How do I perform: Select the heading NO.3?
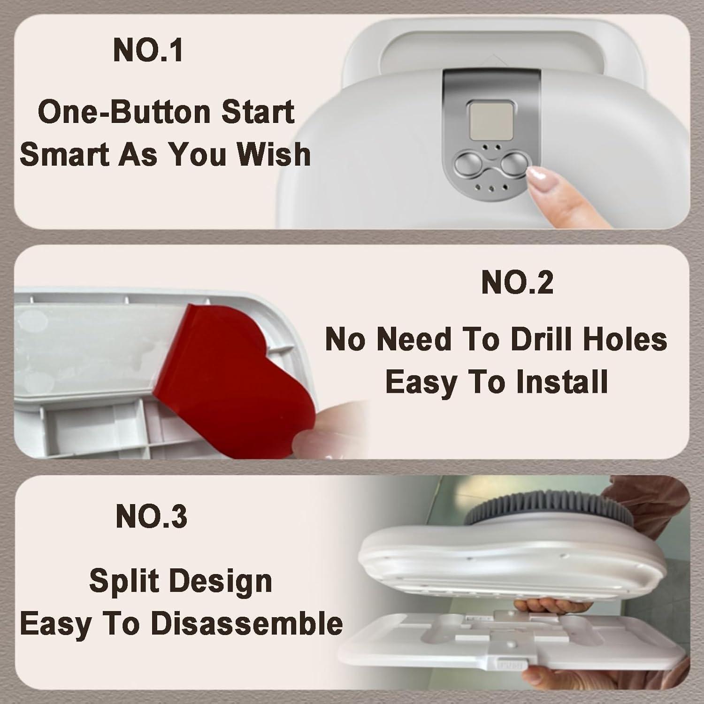151,516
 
